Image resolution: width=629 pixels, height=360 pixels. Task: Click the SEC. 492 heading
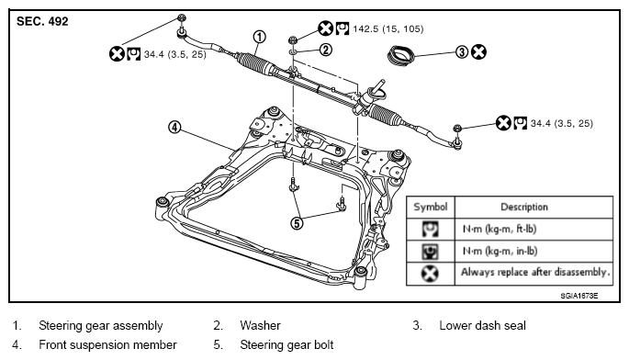point(42,21)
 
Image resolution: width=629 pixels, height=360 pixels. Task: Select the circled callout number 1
point(260,37)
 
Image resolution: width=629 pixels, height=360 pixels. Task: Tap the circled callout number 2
point(326,50)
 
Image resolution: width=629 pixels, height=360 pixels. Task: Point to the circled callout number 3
point(462,52)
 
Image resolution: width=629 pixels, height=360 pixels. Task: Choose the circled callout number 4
point(174,128)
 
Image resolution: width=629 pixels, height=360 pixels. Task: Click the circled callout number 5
point(297,223)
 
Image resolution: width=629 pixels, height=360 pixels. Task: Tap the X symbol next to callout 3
point(478,51)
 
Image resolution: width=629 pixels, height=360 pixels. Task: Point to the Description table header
point(524,207)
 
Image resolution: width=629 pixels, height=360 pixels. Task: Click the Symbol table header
point(431,207)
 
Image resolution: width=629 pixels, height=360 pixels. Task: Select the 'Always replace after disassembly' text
point(535,273)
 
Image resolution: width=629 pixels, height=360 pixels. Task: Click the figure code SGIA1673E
point(579,296)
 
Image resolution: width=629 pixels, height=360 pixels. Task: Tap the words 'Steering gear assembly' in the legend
point(101,325)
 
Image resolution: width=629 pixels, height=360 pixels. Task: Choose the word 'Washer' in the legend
point(260,325)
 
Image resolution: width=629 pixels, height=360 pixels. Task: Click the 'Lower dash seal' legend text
point(482,325)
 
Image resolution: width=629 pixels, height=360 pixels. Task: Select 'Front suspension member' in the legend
point(107,344)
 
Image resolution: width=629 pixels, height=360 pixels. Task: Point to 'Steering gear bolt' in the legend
point(286,344)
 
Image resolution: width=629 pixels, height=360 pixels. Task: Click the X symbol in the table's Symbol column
point(430,274)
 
